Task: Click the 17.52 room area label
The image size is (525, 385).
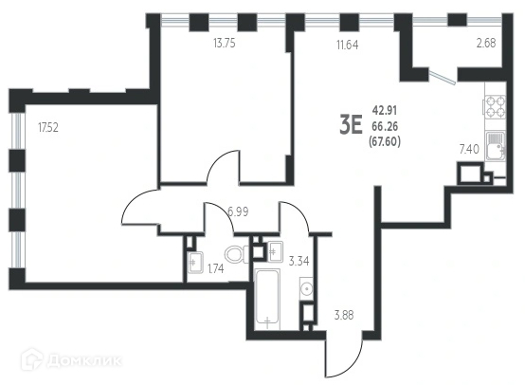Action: [48, 128]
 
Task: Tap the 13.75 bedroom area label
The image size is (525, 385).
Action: [225, 44]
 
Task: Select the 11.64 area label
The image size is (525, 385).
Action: [348, 45]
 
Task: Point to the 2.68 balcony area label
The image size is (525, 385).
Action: [486, 44]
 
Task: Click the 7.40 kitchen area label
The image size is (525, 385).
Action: [469, 149]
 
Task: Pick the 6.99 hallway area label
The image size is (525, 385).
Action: [238, 211]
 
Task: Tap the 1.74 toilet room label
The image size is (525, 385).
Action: [216, 268]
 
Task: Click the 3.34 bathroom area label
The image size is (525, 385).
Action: [299, 261]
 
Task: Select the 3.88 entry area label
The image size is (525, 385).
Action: [344, 316]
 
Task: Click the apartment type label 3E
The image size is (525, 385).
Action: [352, 124]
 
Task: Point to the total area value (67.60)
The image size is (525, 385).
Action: [385, 142]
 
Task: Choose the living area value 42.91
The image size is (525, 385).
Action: [385, 110]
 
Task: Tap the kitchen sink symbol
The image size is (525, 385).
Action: [496, 146]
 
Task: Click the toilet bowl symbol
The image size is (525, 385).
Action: [237, 254]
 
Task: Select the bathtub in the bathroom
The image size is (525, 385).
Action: [267, 300]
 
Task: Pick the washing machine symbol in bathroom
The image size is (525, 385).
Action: [306, 288]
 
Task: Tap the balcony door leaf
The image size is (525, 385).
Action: [443, 78]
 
